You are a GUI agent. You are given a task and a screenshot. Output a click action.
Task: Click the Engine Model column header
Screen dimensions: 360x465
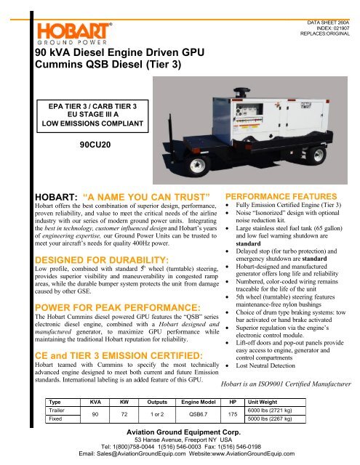pyautogui.click(x=201, y=401)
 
